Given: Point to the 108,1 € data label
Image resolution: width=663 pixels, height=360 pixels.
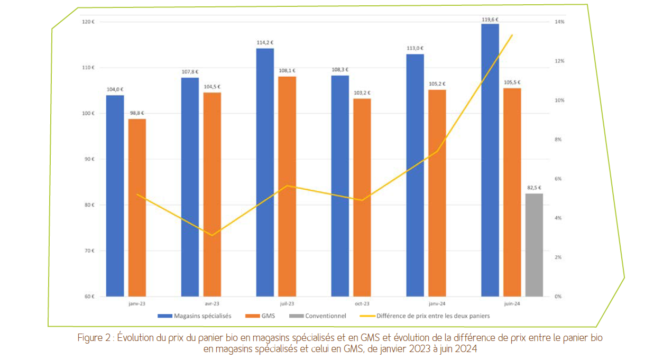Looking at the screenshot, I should [287, 70].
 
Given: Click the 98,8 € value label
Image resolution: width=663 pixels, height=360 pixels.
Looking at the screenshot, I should [137, 113].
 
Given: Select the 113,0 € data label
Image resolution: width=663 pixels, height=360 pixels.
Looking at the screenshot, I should [415, 48].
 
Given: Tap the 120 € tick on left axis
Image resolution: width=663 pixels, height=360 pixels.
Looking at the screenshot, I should [88, 22].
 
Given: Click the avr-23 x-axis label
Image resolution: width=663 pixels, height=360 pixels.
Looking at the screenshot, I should [212, 304].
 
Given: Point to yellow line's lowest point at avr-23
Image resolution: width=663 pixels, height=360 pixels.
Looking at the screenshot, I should [212, 235].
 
